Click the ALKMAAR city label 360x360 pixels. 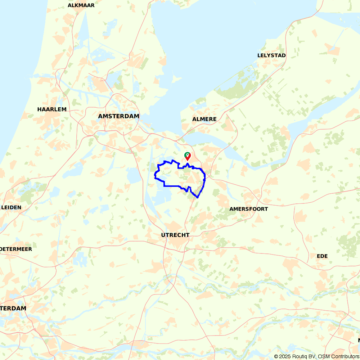[81, 5]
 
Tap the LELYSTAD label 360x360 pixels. [271, 55]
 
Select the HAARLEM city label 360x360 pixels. [52, 109]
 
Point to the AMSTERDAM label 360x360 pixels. [118, 116]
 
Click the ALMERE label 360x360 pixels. [204, 119]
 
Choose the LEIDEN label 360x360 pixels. [11, 207]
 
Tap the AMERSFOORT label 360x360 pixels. [249, 209]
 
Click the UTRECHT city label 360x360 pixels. [175, 235]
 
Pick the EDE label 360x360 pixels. [322, 256]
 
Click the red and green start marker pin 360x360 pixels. [187, 156]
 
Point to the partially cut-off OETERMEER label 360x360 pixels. [16, 249]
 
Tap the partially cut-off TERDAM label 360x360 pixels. [13, 309]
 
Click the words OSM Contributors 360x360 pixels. [338, 356]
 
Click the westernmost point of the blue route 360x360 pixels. [155, 177]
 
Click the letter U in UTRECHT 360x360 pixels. [163, 235]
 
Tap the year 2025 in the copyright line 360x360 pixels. [285, 356]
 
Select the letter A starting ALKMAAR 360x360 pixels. [70, 5]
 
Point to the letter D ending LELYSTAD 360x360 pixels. [284, 55]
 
